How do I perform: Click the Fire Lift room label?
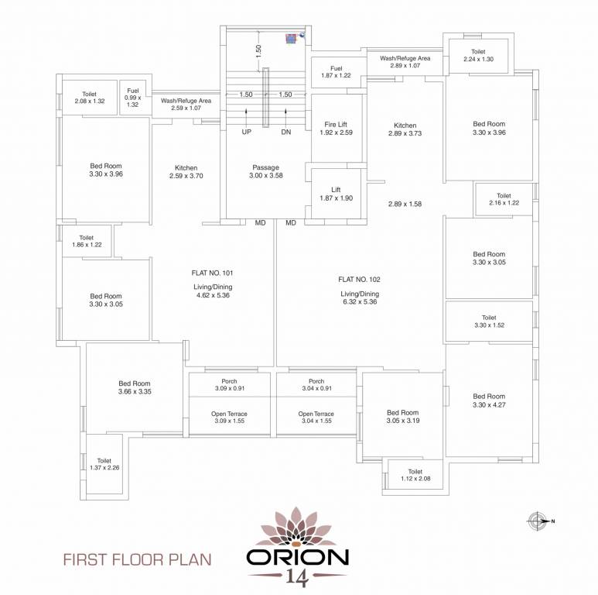[336, 128]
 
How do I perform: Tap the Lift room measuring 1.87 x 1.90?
[336, 193]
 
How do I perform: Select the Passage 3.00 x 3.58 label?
[265, 172]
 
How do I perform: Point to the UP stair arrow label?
[247, 132]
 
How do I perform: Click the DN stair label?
[285, 132]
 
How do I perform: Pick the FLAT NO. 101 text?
[212, 273]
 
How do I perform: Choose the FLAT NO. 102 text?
[359, 279]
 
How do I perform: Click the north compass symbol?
[537, 521]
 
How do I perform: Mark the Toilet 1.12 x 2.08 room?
[415, 476]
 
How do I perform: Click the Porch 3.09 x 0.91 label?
[229, 385]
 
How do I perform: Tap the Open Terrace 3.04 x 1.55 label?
[316, 418]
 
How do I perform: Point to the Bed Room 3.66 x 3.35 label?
[134, 387]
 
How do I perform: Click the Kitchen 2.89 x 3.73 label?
[405, 129]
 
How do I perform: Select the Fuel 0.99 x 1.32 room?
[133, 98]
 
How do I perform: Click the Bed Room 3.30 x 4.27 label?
[489, 400]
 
